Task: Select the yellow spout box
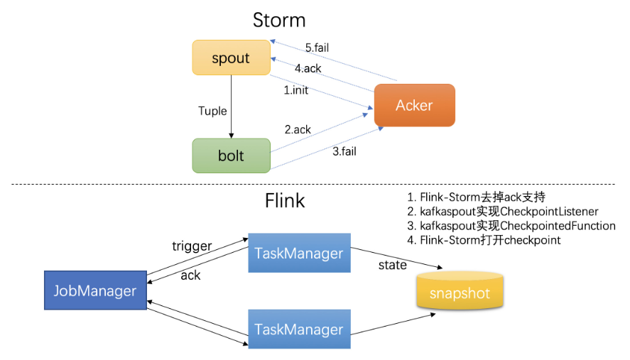pos(231,58)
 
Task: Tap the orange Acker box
pos(414,105)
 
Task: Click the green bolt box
pos(231,156)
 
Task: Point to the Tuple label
pos(212,111)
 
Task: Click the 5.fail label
pos(317,48)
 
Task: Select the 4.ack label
pos(308,69)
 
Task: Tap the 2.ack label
pos(298,129)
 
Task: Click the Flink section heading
pos(284,200)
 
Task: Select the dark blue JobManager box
pos(94,290)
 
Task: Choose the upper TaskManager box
pos(299,253)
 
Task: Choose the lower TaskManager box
pos(299,329)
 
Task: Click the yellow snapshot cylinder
pos(459,292)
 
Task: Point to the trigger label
pos(192,246)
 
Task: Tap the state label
pos(393,265)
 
